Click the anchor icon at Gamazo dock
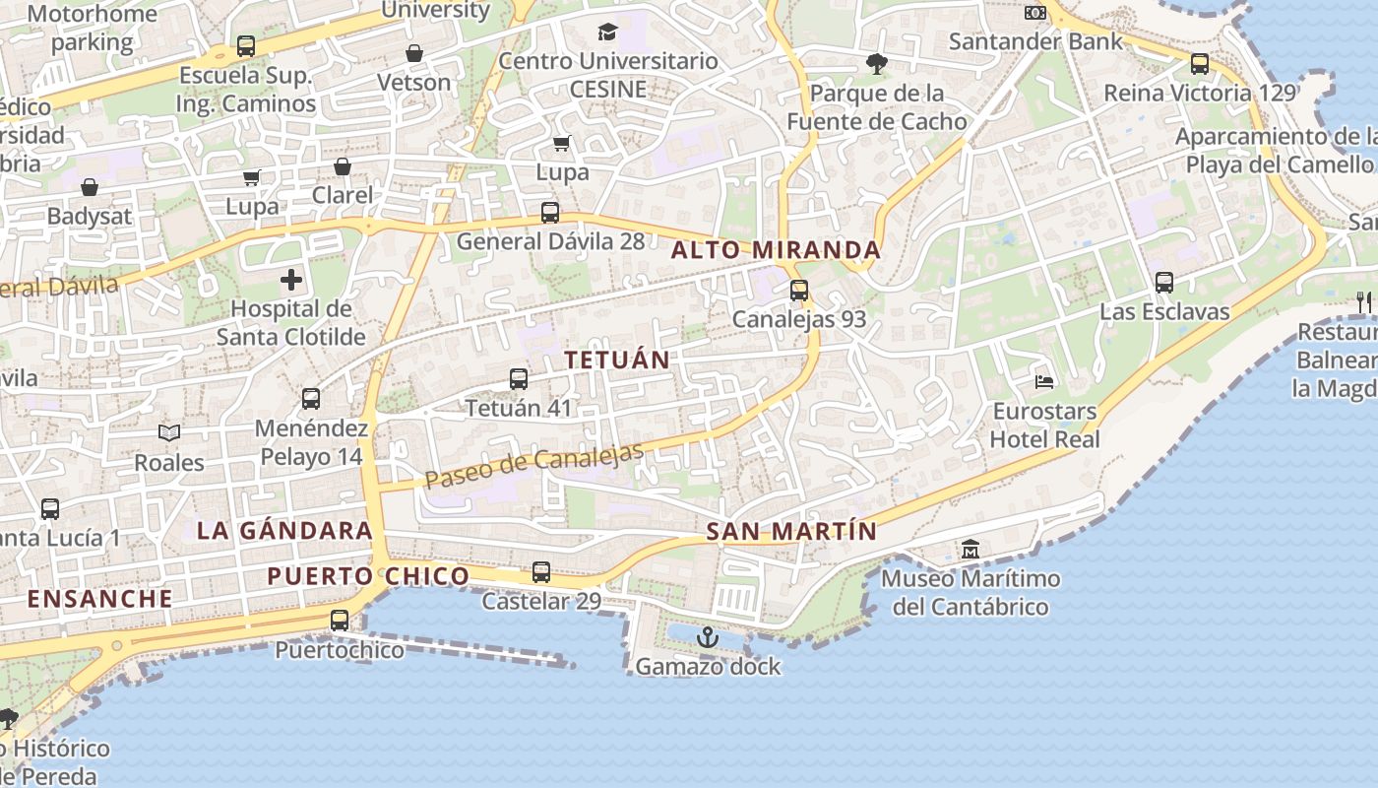tap(707, 638)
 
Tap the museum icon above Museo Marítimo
tap(970, 549)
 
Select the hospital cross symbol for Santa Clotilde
tap(291, 280)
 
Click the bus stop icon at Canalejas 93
tap(799, 291)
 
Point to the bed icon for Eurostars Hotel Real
tap(1044, 381)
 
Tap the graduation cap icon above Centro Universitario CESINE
tap(607, 32)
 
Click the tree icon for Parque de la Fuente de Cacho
tap(876, 64)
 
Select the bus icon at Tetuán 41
tap(519, 378)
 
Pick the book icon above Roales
tap(169, 432)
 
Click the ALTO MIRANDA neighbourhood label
tap(776, 250)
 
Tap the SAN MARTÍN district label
tap(791, 532)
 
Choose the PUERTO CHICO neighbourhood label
tap(368, 576)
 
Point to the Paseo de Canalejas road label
tap(534, 465)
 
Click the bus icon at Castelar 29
tap(541, 571)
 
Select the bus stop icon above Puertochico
tap(340, 620)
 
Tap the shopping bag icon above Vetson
tap(414, 53)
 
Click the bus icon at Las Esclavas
tap(1164, 283)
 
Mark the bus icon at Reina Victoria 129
tap(1200, 64)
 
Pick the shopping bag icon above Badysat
tap(90, 187)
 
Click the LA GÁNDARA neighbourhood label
tap(284, 530)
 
